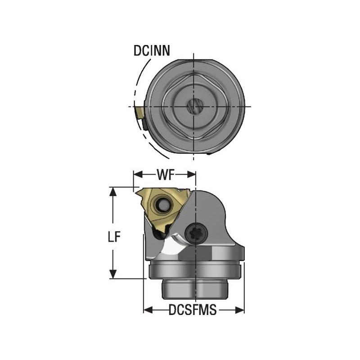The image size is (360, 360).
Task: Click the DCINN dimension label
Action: tap(152, 51)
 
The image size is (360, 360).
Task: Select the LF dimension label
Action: tap(116, 238)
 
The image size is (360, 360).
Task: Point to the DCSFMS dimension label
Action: tap(193, 310)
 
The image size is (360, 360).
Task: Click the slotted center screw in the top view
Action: tap(194, 107)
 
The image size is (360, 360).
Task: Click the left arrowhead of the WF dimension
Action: tap(136, 174)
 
